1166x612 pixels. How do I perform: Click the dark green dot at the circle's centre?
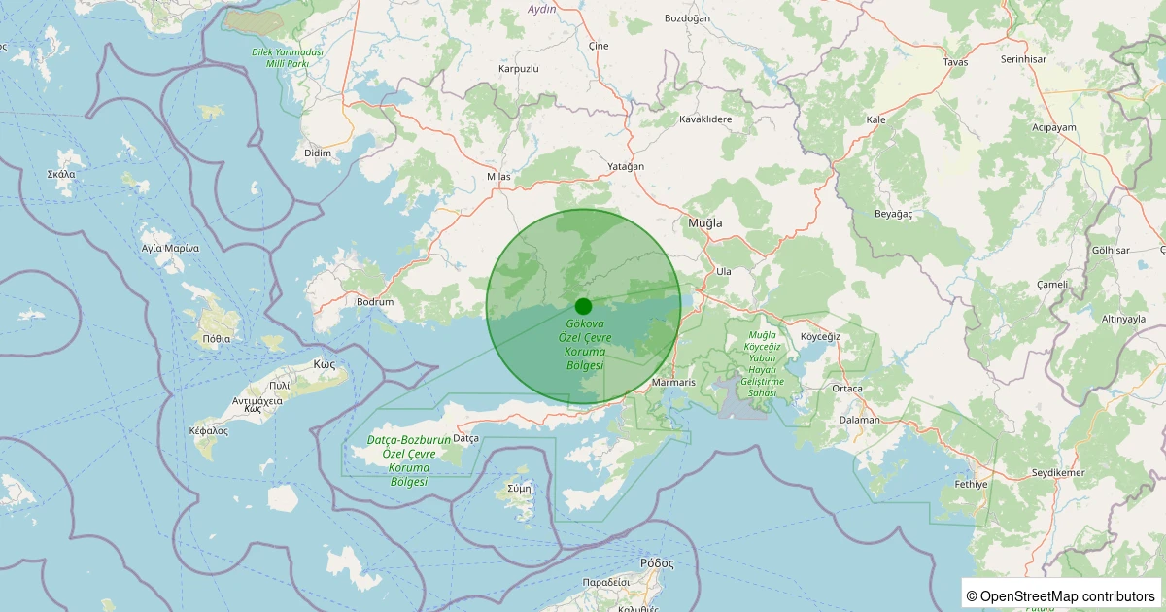tap(583, 306)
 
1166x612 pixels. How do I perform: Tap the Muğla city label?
tap(705, 222)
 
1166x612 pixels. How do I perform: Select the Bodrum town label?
tap(375, 302)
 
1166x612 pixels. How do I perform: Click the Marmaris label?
tap(674, 383)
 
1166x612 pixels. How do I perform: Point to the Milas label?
tap(498, 177)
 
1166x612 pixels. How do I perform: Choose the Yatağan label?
tap(626, 166)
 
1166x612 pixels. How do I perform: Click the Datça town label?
tap(466, 438)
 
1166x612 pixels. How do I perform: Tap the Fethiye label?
tap(971, 484)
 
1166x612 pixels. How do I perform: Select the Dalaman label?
tap(859, 420)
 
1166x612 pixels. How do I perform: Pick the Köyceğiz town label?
tap(819, 336)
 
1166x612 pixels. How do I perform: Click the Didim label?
tap(318, 153)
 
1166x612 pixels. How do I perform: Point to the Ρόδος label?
tap(657, 563)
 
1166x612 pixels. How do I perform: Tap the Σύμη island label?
tap(519, 489)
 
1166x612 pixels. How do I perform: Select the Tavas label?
tap(955, 62)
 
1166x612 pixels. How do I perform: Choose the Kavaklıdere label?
tap(705, 119)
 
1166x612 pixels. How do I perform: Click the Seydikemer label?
tap(1058, 473)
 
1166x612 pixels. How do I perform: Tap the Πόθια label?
tap(217, 339)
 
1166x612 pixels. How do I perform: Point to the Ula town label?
tap(723, 271)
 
